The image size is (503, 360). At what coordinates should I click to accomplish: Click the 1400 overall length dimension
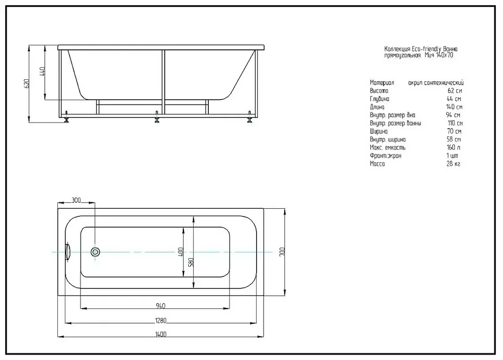(161, 334)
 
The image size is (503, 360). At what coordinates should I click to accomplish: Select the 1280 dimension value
(161, 321)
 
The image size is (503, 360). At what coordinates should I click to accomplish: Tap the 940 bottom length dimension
(161, 306)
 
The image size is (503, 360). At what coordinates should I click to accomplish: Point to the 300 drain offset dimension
(76, 200)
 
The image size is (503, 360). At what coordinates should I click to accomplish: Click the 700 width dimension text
(282, 252)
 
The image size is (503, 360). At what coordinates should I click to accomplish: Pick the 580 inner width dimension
(191, 262)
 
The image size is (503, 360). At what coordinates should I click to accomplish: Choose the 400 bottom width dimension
(181, 252)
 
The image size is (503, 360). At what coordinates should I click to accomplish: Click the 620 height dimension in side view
(27, 83)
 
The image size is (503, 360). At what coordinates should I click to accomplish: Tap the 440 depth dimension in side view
(42, 71)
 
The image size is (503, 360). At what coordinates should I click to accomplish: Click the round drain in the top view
(95, 252)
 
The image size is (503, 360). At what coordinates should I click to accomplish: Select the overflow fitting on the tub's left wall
(67, 252)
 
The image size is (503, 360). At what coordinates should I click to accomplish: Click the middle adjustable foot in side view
(157, 117)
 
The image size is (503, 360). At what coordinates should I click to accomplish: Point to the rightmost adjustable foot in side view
(249, 117)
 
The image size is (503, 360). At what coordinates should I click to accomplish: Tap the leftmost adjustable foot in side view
(66, 117)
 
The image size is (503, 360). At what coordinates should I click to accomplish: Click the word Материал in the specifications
(382, 83)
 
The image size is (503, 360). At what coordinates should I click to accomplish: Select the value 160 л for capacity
(454, 148)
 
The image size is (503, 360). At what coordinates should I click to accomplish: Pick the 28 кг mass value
(454, 164)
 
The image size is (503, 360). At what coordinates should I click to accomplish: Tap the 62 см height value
(455, 91)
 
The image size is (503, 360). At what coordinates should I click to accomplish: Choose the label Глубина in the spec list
(379, 99)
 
